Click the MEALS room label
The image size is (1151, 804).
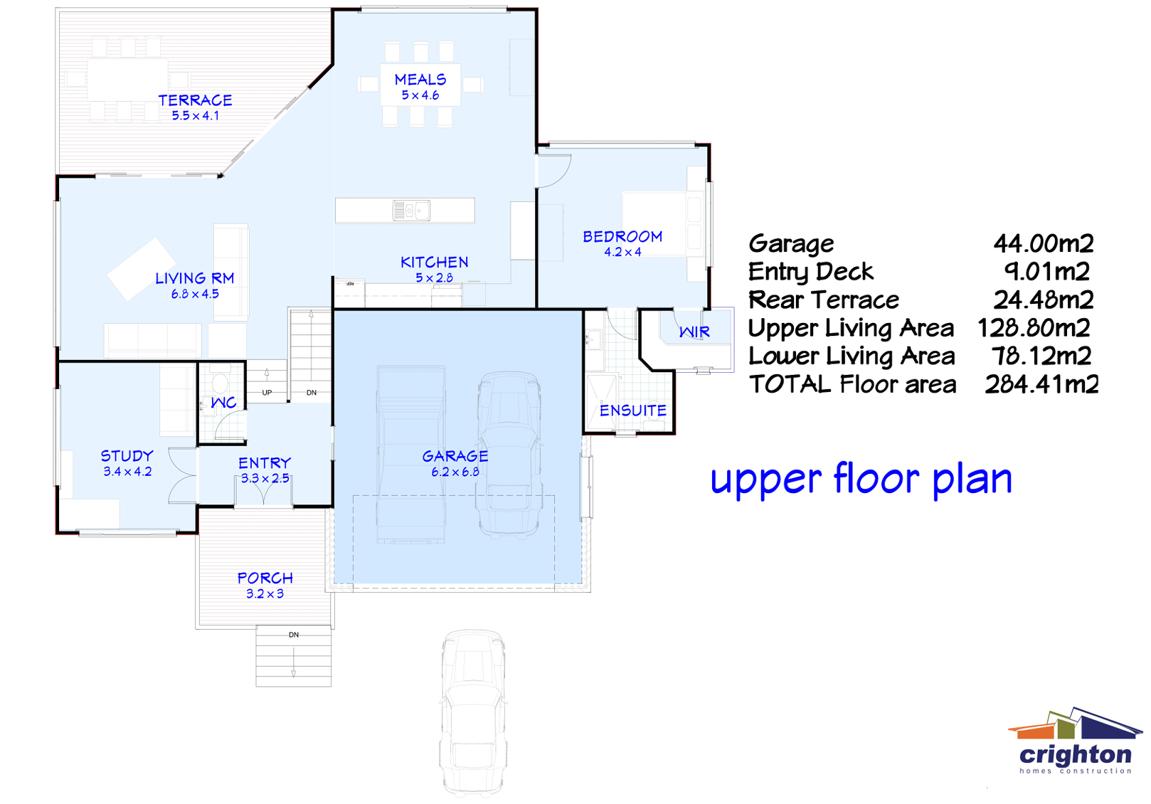click(x=420, y=80)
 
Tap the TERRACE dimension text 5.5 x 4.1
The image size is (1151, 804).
click(x=195, y=116)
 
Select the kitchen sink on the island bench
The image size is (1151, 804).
click(x=411, y=211)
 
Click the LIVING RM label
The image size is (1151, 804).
click(x=194, y=278)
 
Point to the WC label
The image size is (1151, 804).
click(x=223, y=403)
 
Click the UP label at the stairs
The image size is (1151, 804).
click(x=267, y=392)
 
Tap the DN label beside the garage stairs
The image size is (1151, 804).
click(x=312, y=392)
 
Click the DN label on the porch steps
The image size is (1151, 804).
click(x=294, y=635)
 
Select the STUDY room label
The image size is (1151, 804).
click(x=127, y=456)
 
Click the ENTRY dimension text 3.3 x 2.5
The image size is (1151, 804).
click(x=265, y=479)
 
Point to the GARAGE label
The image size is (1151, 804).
click(x=455, y=456)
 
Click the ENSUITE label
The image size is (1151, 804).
click(x=632, y=411)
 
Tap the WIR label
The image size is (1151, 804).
click(x=694, y=332)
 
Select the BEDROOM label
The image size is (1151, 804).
click(x=622, y=237)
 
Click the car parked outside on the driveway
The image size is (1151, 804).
click(x=473, y=712)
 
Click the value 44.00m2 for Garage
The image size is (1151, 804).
click(x=1043, y=244)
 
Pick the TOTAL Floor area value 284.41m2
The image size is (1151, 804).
click(x=1041, y=385)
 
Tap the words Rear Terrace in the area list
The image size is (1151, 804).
click(x=823, y=300)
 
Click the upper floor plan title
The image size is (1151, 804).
click(x=861, y=479)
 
